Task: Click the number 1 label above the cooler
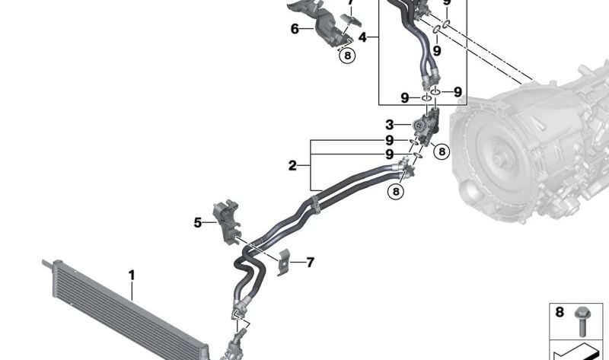coord(132,276)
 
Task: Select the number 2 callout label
coord(292,166)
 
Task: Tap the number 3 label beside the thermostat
coord(390,125)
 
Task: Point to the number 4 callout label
coord(362,37)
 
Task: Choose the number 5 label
coord(198,223)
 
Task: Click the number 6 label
coord(295,29)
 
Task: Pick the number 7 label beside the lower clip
coord(310,263)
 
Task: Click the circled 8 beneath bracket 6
coord(347,56)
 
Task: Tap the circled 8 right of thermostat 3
coord(442,151)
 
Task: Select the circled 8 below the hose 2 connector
coord(396,192)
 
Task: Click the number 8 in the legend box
coord(560,312)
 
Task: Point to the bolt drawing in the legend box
coord(582,321)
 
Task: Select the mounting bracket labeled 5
coord(226,222)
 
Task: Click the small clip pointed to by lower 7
coord(283,262)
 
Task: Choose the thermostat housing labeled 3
coord(426,127)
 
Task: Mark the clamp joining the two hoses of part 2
coord(316,205)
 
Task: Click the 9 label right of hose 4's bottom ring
coord(458,92)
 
